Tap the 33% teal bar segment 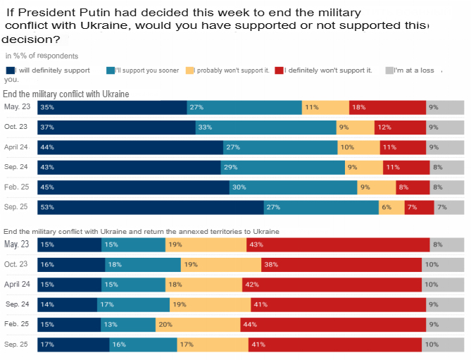point(265,128)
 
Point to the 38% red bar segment point(341,264)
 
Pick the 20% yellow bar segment point(197,325)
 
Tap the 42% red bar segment point(332,285)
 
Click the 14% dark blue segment point(50,304)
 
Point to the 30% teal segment point(293,187)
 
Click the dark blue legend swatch point(9,70)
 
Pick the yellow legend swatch point(190,70)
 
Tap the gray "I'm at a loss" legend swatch point(389,70)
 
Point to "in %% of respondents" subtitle point(42,56)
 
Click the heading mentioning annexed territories point(142,232)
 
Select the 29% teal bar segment point(283,168)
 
